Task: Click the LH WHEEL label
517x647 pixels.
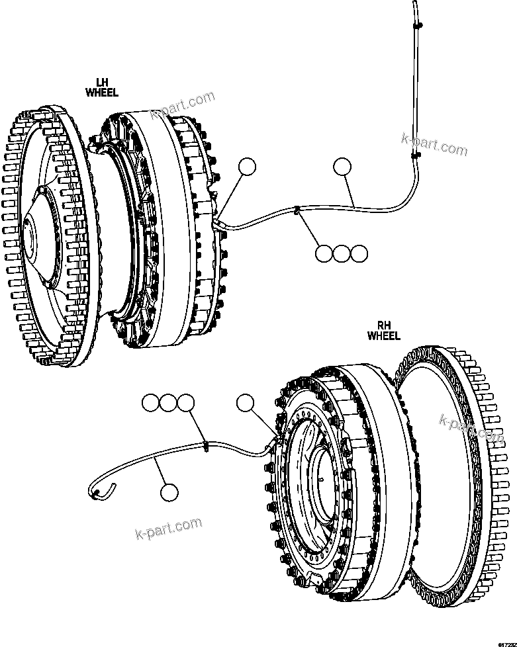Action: tap(102, 88)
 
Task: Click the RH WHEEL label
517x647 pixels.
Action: tap(384, 331)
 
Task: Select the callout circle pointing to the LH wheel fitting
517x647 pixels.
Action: tap(247, 167)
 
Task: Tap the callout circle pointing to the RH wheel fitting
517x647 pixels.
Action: tap(246, 402)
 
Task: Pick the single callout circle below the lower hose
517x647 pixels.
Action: tap(169, 492)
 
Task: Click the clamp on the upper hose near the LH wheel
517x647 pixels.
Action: tap(297, 212)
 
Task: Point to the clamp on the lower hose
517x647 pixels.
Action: tap(207, 447)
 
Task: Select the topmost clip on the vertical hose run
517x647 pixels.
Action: tap(417, 25)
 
